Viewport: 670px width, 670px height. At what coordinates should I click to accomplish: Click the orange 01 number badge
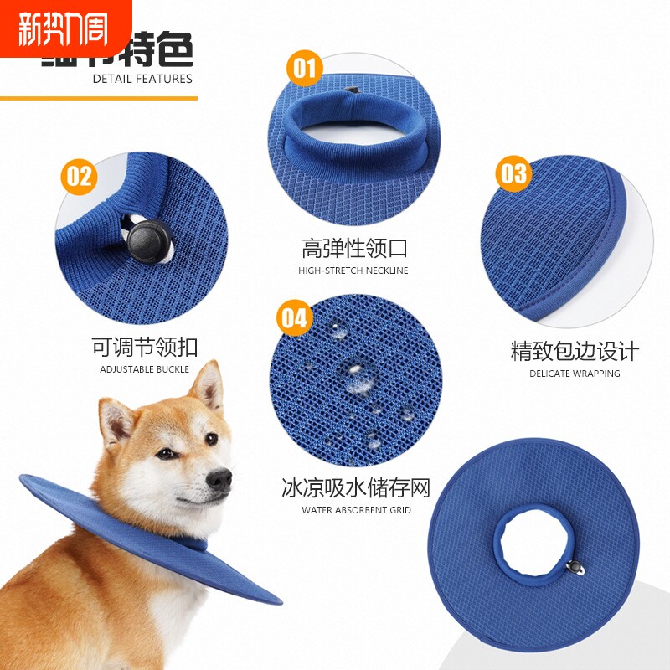[x=306, y=66]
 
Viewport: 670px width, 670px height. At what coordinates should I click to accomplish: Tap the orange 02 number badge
[x=78, y=176]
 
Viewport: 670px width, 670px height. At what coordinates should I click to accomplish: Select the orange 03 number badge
[x=513, y=173]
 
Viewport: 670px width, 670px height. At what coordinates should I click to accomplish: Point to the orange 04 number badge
[x=295, y=317]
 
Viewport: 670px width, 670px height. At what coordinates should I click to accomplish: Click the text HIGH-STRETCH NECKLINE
[x=353, y=271]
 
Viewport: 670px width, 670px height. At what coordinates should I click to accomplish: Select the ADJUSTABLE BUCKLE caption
[x=145, y=369]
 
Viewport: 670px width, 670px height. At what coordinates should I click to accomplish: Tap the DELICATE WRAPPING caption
[x=575, y=374]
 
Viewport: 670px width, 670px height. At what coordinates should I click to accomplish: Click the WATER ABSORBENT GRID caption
[x=356, y=510]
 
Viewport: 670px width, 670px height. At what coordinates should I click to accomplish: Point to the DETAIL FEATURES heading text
[x=142, y=79]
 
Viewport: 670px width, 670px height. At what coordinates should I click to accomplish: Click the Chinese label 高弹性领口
[x=353, y=249]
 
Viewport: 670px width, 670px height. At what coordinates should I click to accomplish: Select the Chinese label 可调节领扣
[x=145, y=347]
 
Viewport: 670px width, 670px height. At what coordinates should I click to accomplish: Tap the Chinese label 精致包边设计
[x=575, y=351]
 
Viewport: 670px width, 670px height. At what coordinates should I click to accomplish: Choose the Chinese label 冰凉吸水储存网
[x=356, y=487]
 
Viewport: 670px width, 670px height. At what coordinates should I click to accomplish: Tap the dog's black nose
[x=219, y=478]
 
